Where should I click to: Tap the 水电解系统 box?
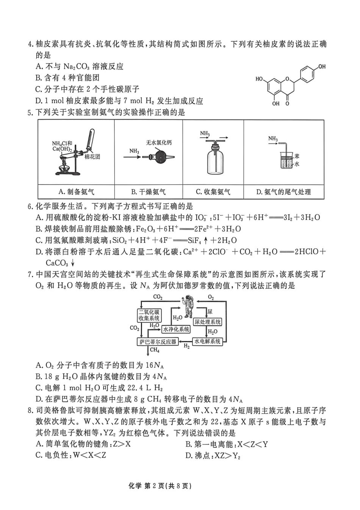pyautogui.click(x=207, y=341)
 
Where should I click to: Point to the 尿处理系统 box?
pyautogui.click(x=207, y=322)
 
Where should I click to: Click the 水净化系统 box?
pyautogui.click(x=176, y=329)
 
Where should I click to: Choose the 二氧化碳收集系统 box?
pyautogui.click(x=149, y=315)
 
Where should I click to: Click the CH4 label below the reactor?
pyautogui.click(x=155, y=350)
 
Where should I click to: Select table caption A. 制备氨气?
pyautogui.click(x=76, y=192)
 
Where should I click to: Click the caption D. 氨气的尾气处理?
pyautogui.click(x=283, y=192)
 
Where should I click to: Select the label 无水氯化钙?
pyautogui.click(x=159, y=143)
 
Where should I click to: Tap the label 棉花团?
pyautogui.click(x=92, y=157)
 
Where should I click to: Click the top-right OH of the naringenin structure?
pyautogui.click(x=322, y=67)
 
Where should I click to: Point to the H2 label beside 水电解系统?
pyautogui.click(x=186, y=346)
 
